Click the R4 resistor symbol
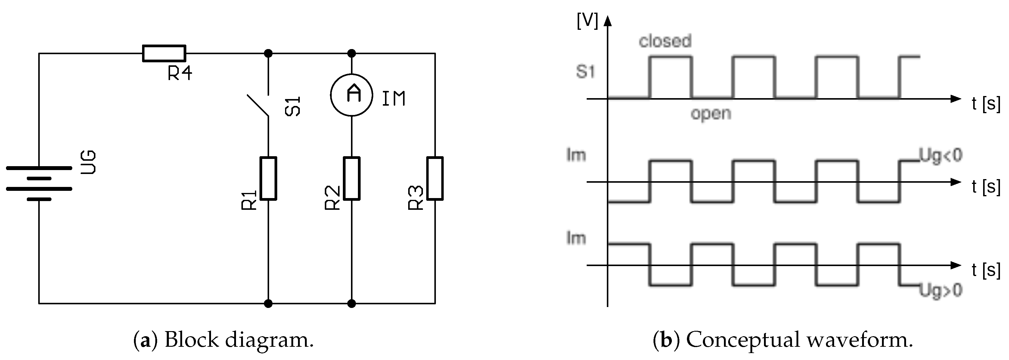[164, 53]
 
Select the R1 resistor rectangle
[268, 178]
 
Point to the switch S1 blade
[258, 105]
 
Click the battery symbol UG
[39, 183]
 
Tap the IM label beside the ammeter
[394, 98]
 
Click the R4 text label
[180, 73]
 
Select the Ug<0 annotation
[940, 156]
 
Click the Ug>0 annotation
[940, 291]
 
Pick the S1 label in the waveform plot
[585, 72]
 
